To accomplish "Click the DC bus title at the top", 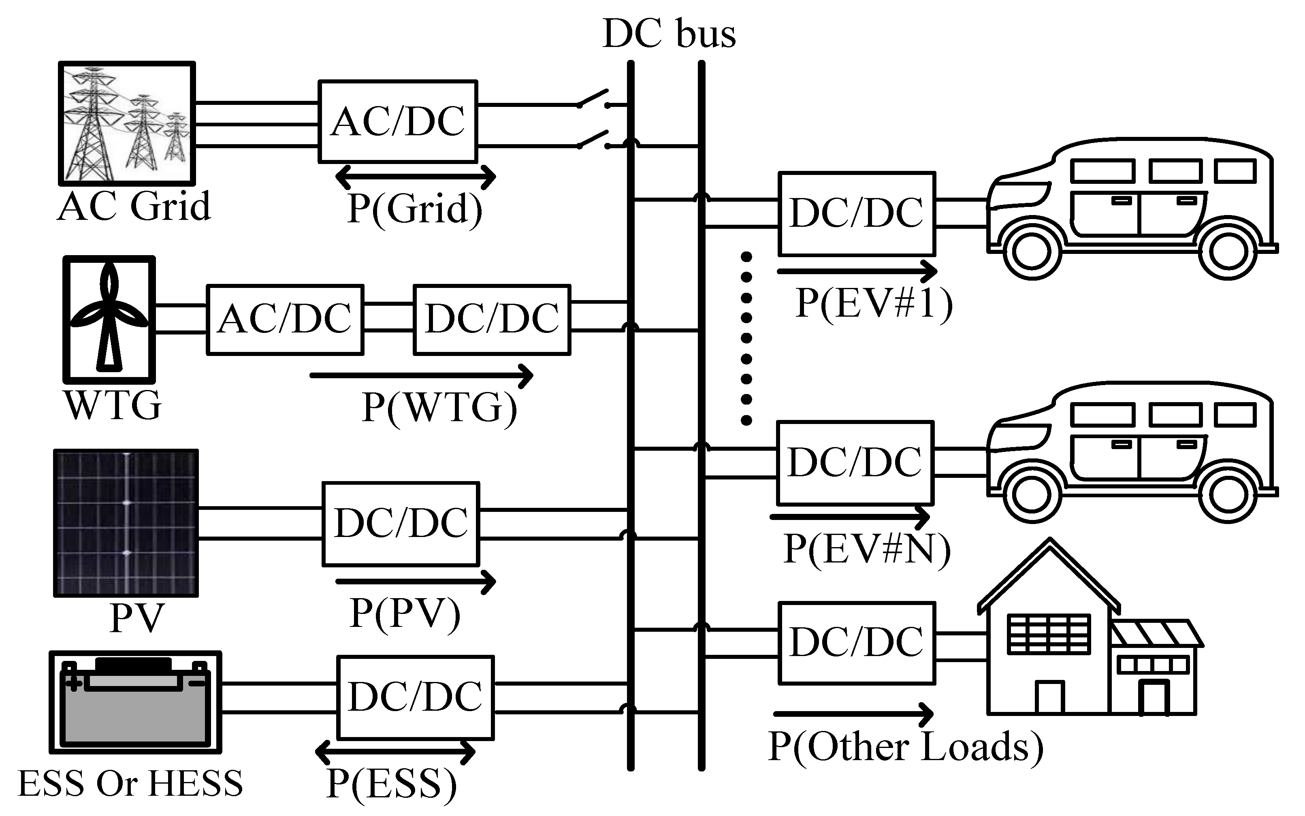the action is (669, 34).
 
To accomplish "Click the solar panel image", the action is (126, 523).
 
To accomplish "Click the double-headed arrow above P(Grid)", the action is (416, 176).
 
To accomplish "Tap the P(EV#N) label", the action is (867, 550).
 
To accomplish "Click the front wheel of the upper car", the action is (1032, 252).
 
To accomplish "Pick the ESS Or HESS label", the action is (130, 783).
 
